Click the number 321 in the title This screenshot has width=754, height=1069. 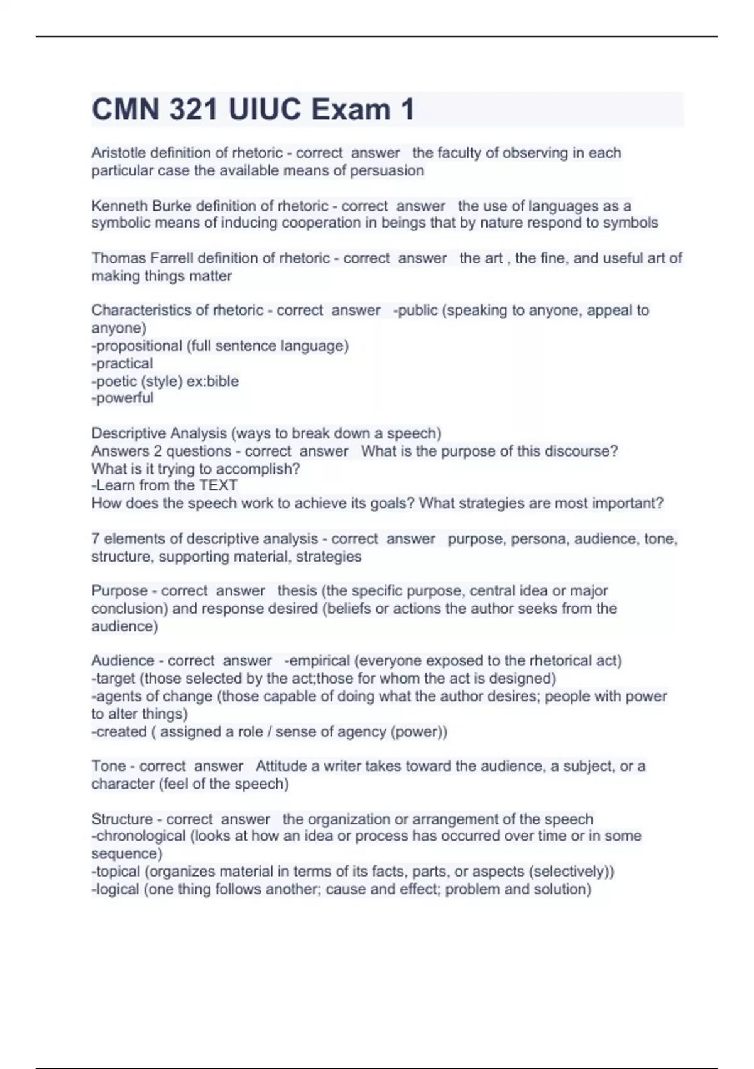point(193,109)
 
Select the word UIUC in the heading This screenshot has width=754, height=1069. point(265,109)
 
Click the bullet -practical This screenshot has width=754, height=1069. point(122,363)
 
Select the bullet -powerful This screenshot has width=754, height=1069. point(122,398)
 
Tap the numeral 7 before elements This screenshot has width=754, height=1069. point(96,539)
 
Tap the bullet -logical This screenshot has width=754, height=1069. point(115,889)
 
